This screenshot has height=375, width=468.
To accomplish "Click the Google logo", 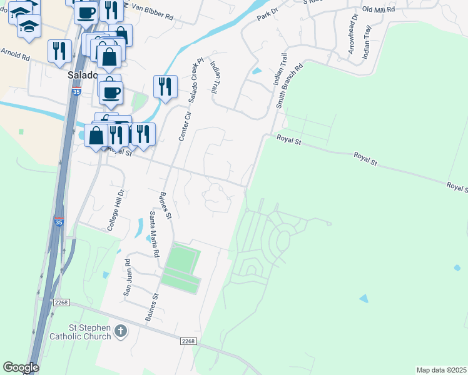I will (x=21, y=367).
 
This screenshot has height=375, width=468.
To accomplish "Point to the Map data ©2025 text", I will (x=441, y=370).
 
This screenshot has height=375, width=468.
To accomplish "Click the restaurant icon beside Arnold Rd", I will (x=60, y=51).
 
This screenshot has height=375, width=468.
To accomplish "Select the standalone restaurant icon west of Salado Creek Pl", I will (x=165, y=86).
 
